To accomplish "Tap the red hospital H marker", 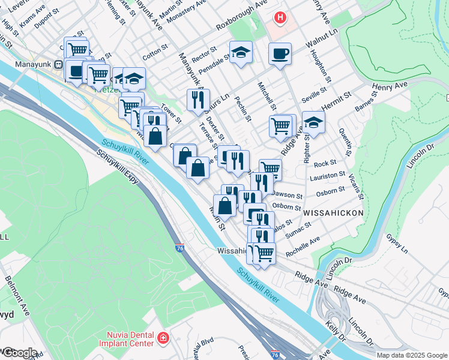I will (x=280, y=18).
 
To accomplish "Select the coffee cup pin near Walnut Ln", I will (x=280, y=55).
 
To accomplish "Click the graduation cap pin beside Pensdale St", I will (x=241, y=53).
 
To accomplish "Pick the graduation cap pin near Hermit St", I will (x=313, y=123).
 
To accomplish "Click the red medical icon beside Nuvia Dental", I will (x=163, y=340).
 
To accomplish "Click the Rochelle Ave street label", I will (x=303, y=247).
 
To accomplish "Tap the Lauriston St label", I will (x=327, y=176).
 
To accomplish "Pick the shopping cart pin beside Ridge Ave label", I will (x=281, y=127).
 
